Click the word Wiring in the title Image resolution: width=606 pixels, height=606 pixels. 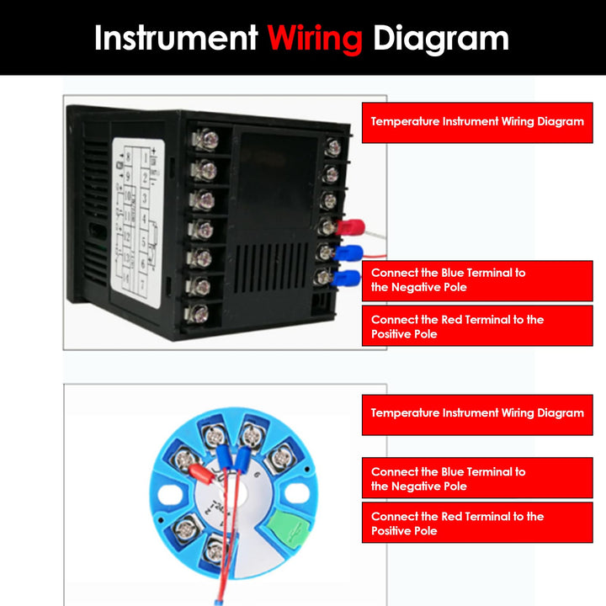tap(315, 38)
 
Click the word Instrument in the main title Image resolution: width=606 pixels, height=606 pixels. tap(176, 38)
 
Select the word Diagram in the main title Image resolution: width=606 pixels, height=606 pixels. tap(441, 38)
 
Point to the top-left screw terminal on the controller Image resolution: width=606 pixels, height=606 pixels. tap(205, 139)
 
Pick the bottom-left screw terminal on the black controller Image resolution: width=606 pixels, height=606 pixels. tap(199, 314)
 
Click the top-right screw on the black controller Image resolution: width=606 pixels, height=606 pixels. tap(333, 147)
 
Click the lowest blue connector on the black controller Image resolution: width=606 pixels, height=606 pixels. tap(343, 279)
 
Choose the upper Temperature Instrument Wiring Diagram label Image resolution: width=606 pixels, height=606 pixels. tap(476, 122)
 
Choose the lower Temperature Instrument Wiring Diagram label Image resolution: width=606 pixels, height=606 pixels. tap(476, 413)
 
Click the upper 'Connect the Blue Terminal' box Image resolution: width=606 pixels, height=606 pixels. tap(476, 280)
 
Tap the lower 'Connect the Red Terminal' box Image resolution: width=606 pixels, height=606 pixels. tap(476, 524)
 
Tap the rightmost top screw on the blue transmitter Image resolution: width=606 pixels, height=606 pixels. tap(279, 459)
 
